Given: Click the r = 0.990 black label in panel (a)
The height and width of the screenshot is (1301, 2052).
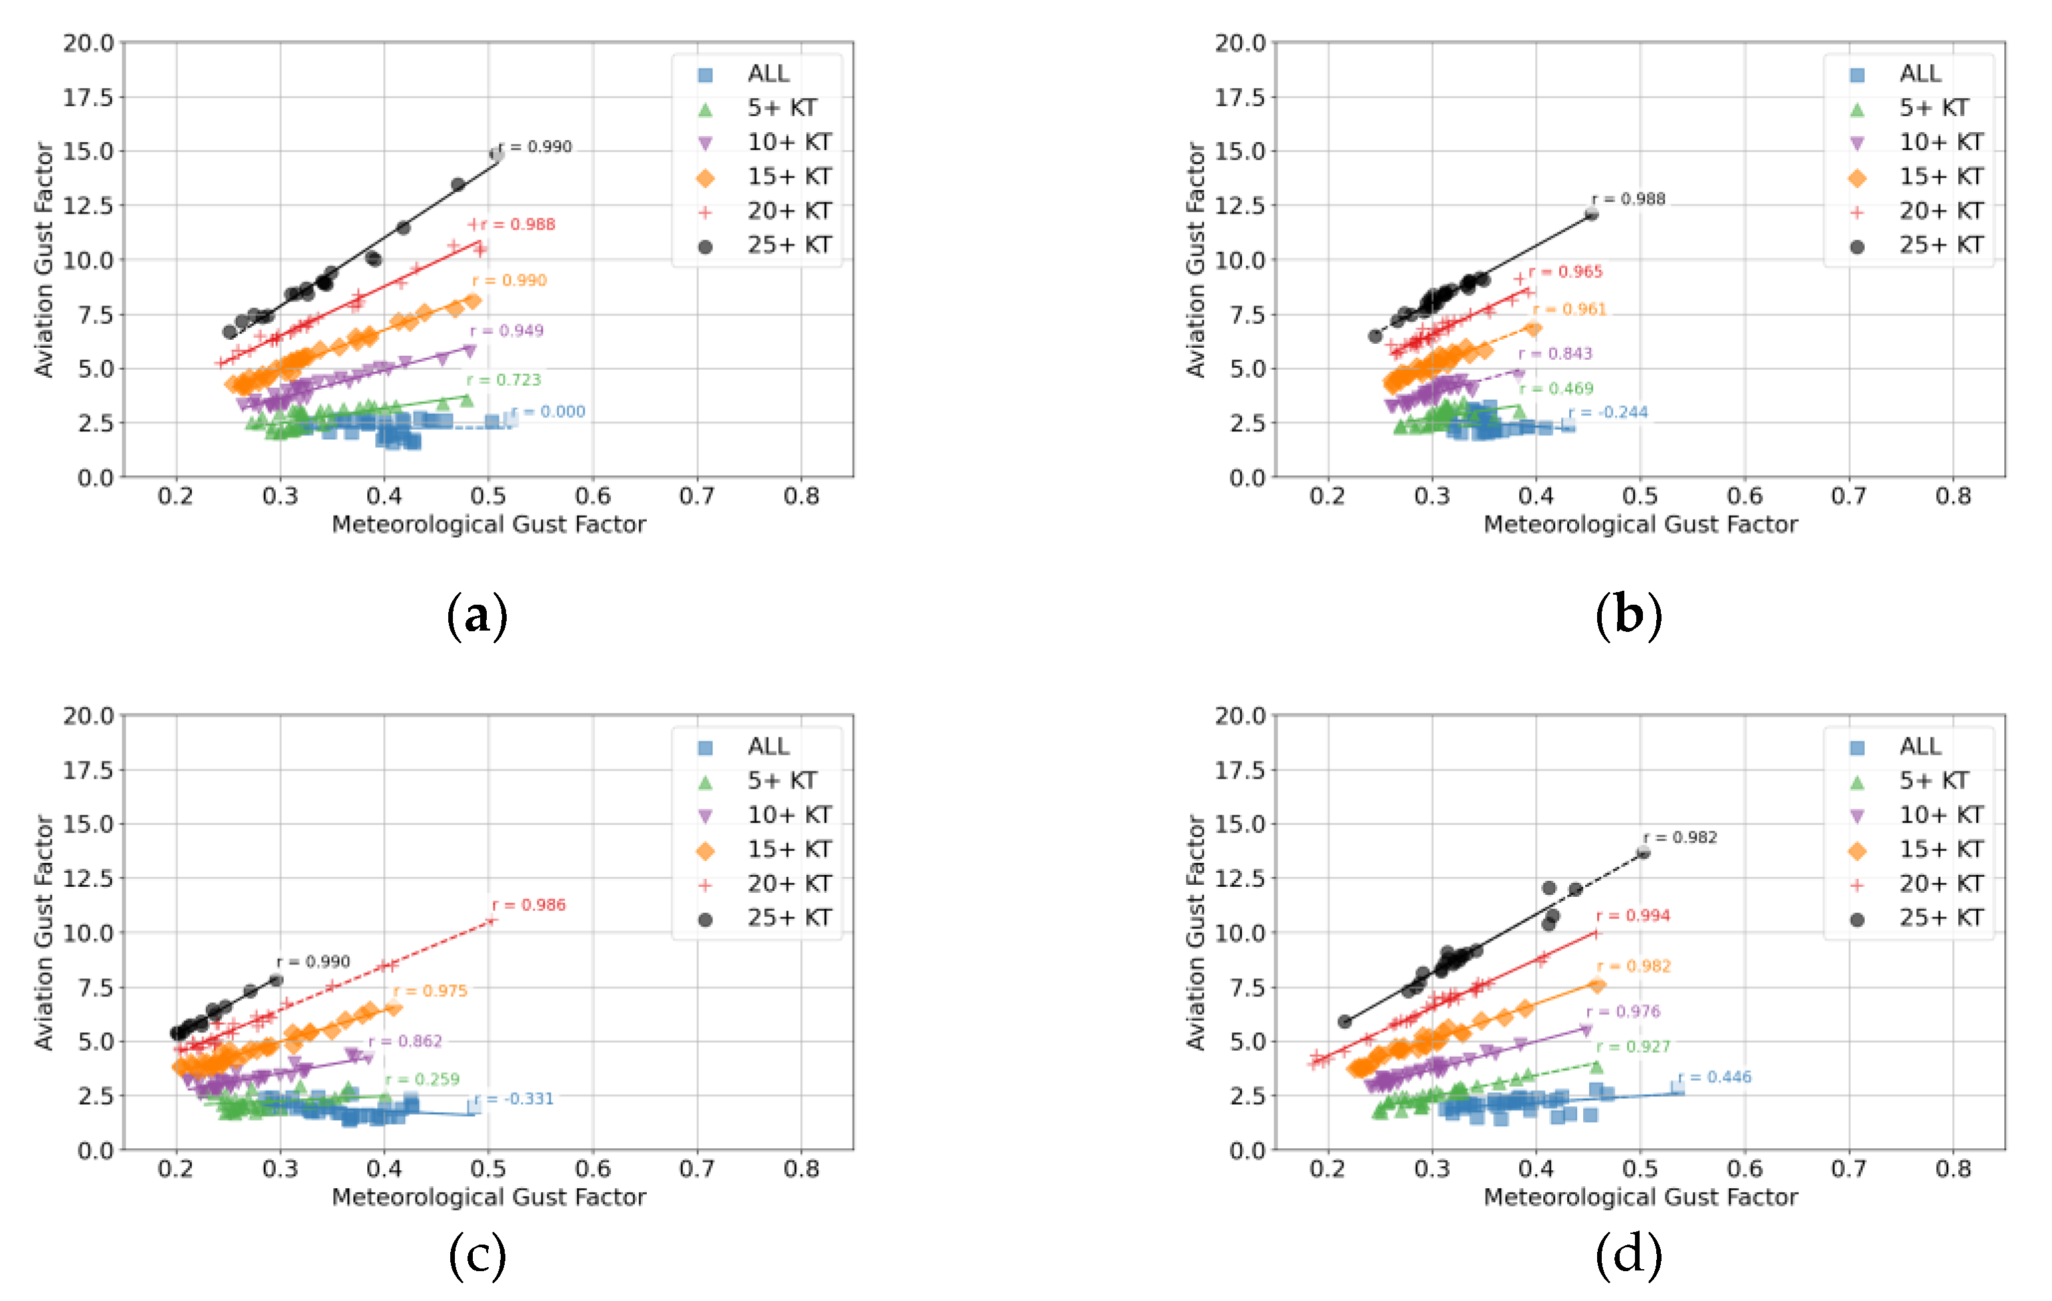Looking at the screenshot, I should pos(536,147).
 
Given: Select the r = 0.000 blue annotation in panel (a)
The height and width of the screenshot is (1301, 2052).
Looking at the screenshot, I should pos(550,412).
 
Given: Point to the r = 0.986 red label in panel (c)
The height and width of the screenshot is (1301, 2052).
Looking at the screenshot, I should pos(529,905).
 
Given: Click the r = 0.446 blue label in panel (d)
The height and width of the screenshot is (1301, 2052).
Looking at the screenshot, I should pos(1715,1077).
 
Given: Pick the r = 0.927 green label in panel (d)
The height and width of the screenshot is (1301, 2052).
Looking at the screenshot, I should pos(1634,1046).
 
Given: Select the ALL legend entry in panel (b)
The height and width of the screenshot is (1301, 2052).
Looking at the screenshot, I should pos(1919,74).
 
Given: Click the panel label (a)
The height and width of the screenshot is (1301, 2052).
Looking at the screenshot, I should pos(477,615).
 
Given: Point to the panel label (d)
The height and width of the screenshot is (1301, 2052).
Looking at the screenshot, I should pos(1628,1255).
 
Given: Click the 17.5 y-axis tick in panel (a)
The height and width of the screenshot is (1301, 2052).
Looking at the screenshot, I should pos(88,97).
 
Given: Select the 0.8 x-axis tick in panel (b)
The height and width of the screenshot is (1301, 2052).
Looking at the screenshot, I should pos(1952,496).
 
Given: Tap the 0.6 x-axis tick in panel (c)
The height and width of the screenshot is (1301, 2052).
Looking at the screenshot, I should pos(593,1169).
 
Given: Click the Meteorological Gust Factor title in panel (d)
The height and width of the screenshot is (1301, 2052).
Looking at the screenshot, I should pos(1640,1197).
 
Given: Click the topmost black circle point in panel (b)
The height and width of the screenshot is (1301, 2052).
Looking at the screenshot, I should pos(1591,214).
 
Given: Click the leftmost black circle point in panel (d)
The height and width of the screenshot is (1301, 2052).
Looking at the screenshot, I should pos(1345,1022).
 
